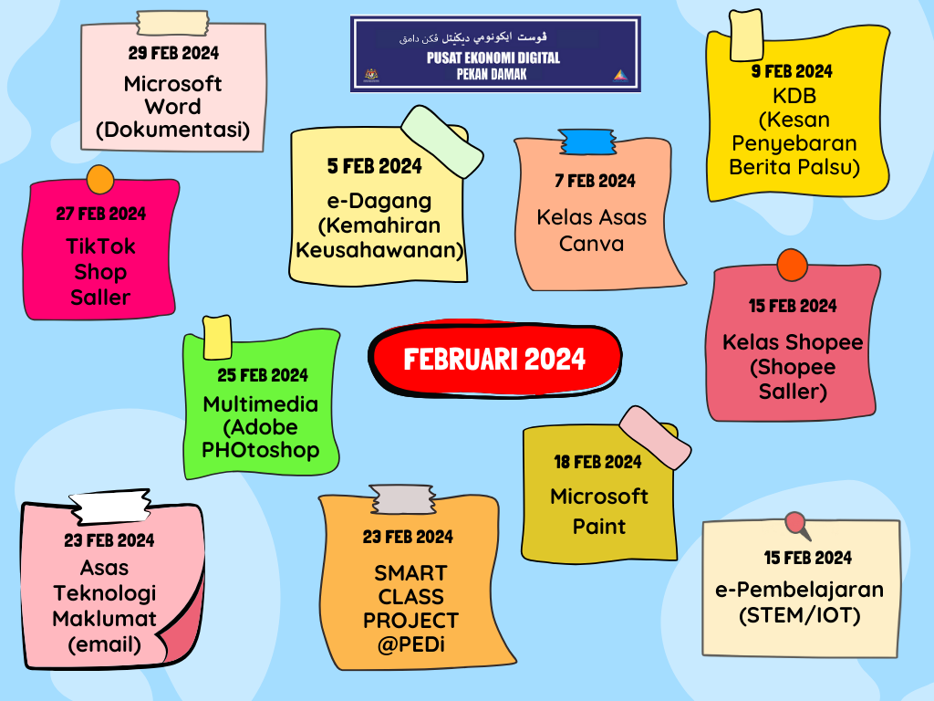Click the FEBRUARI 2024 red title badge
[494, 359]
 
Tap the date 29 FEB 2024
[173, 53]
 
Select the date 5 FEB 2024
[375, 166]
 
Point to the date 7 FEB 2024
[595, 181]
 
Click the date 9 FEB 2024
[792, 71]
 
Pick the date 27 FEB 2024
[100, 214]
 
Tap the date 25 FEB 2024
[263, 375]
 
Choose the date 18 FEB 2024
[598, 462]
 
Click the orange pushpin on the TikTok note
[98, 177]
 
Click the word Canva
[591, 244]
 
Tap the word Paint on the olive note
[599, 527]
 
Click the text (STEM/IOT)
[800, 616]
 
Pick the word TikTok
[100, 246]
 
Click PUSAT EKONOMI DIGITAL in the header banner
[493, 58]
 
